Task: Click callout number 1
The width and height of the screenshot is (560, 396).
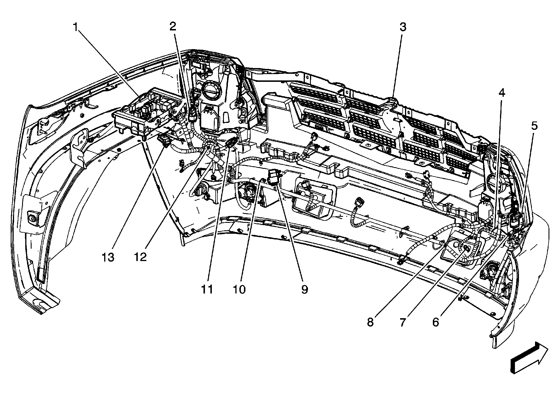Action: (x=75, y=28)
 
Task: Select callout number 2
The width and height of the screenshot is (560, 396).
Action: (x=173, y=27)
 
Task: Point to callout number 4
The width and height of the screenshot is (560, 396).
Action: (x=501, y=93)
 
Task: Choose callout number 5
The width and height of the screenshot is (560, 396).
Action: (x=534, y=126)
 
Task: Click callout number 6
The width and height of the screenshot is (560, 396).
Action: (x=436, y=322)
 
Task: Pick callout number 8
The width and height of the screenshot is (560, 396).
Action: (x=370, y=322)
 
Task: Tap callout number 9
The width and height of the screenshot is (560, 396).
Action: (x=304, y=289)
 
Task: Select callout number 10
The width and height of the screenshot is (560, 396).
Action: (x=239, y=289)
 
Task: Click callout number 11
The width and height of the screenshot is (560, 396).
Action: (x=207, y=289)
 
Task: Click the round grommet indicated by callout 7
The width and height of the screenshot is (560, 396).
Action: (x=465, y=248)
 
